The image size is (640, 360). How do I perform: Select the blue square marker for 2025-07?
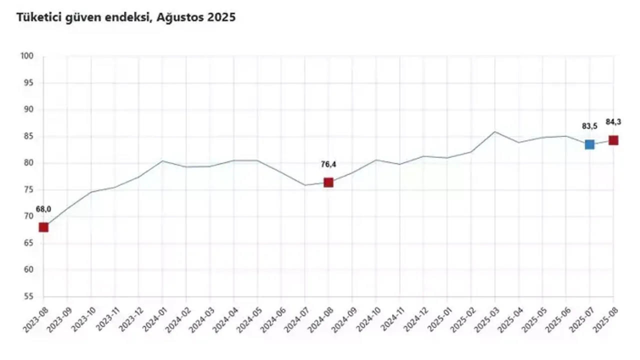pos(589,144)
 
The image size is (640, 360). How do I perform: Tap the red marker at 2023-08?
pos(43,227)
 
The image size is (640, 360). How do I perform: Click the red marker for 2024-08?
pos(328,182)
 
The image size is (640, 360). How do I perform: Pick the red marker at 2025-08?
pos(613,140)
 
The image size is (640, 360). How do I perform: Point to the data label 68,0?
pos(43,209)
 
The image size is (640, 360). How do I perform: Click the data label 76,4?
pos(328,164)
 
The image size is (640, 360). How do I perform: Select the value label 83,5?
pos(589,126)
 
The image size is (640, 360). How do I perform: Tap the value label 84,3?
pos(613,121)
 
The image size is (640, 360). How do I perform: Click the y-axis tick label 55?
pos(28,296)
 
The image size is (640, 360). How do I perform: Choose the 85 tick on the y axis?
pos(28,136)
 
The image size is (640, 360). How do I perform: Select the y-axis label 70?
pos(28,216)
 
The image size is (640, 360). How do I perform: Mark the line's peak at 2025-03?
pos(494,131)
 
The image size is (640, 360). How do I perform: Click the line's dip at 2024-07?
pos(304,185)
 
